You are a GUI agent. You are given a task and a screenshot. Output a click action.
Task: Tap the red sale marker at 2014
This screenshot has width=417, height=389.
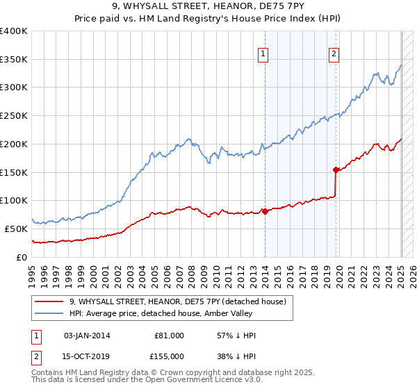pyautogui.click(x=265, y=211)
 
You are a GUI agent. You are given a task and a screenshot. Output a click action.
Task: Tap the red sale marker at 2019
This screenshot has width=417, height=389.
pyautogui.click(x=336, y=169)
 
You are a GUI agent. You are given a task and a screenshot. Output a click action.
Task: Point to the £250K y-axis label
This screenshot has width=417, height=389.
pyautogui.click(x=14, y=115)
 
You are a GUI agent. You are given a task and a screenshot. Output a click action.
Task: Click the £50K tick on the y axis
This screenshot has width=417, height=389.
pyautogui.click(x=17, y=229)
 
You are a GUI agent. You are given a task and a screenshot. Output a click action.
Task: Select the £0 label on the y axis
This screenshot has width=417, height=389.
pyautogui.click(x=23, y=257)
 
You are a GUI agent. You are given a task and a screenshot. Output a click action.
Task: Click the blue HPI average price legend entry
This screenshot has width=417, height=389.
pyautogui.click(x=181, y=314)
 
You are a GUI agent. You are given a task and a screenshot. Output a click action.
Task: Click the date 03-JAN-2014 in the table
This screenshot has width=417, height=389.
pyautogui.click(x=87, y=336)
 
